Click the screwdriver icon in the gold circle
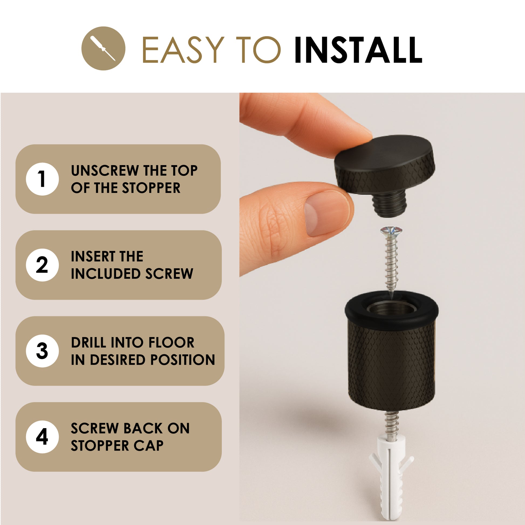[x=103, y=48]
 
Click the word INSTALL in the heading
[x=358, y=50]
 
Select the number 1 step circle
[x=42, y=179]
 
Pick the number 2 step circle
[x=42, y=265]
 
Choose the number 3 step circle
[x=42, y=351]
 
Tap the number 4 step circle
[x=42, y=437]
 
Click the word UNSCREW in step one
[x=105, y=171]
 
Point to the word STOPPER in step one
[x=151, y=188]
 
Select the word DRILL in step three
[x=88, y=342]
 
